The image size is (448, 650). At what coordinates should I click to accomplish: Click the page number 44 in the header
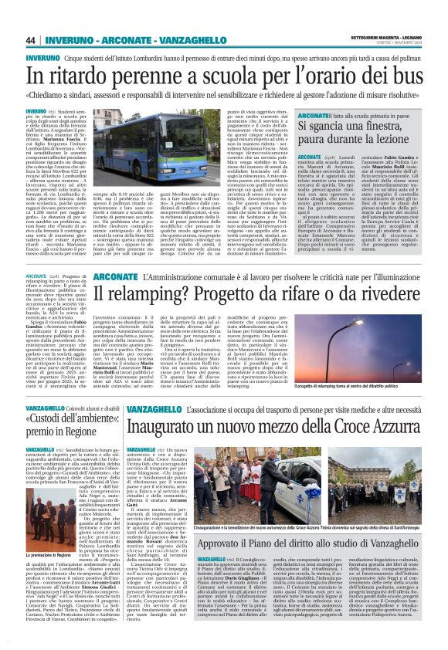pyautogui.click(x=31, y=40)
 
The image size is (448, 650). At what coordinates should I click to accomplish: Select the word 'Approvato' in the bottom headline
pyautogui.click(x=212, y=543)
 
